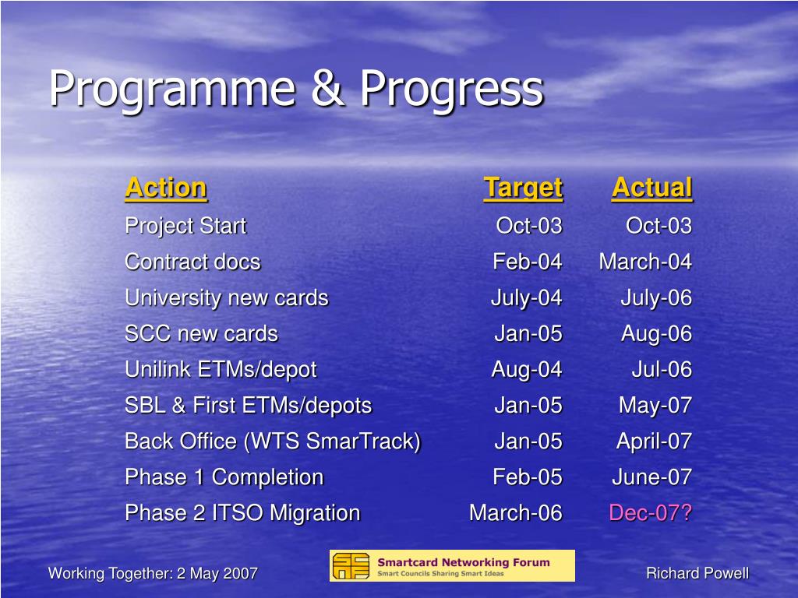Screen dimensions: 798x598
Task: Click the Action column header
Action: coord(166,188)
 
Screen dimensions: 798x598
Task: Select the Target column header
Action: coord(523,188)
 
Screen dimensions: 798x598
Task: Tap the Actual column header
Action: coord(652,188)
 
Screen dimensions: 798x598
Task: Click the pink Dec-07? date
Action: coord(651,512)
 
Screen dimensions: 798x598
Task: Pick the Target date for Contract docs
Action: coord(528,262)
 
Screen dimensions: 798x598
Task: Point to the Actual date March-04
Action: coord(645,262)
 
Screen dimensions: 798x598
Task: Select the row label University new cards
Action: coord(227,298)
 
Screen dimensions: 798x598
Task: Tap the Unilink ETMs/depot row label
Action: coord(221,370)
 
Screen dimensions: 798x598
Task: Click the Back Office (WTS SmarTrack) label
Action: coord(273,441)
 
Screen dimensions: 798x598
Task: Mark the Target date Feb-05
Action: coord(528,477)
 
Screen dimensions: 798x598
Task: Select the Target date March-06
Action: coord(516,512)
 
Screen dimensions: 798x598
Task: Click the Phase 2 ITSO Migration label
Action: coord(242,512)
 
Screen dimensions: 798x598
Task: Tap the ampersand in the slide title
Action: coord(328,88)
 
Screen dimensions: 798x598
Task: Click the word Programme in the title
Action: coord(172,90)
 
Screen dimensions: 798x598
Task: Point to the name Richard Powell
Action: coord(697,573)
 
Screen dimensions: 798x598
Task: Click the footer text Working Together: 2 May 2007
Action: coord(153,574)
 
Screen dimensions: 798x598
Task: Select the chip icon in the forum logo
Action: coord(351,566)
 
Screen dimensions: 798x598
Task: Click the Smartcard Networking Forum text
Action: coord(464,562)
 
